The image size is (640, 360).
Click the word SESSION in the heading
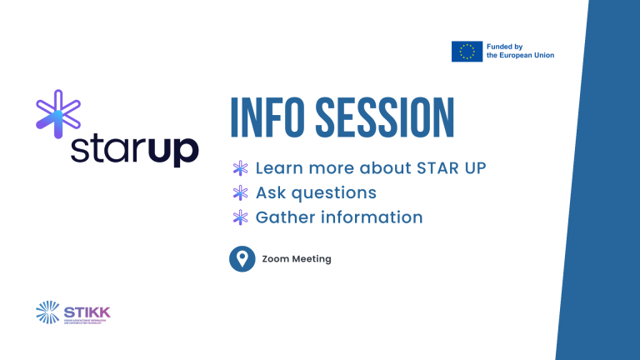pos(386,119)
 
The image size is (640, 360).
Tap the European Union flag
pos(467,51)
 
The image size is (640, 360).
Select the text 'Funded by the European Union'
pos(520,51)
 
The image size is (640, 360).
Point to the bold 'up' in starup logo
pos(172,151)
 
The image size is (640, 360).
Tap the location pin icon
pos(242,259)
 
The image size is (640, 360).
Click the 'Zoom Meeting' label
pos(296,259)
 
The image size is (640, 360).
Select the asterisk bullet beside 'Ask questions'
pos(241,193)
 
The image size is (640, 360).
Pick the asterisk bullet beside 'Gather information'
pos(241,217)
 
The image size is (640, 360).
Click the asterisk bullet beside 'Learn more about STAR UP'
pos(241,168)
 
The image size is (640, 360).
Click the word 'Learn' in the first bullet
pos(278,168)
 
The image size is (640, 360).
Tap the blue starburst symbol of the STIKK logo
pos(48,312)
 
